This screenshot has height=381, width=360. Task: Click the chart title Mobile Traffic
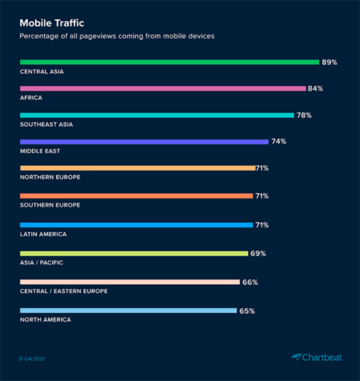click(x=51, y=22)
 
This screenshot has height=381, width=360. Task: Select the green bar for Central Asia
click(x=169, y=62)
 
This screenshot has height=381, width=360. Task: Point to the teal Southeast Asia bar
click(x=157, y=115)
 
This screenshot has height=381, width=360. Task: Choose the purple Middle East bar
click(x=144, y=142)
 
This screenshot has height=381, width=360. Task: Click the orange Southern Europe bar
click(x=136, y=196)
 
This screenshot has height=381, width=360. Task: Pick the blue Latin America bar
click(x=136, y=225)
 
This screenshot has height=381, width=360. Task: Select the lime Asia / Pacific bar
click(x=134, y=254)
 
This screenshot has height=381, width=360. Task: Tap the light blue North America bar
click(x=128, y=310)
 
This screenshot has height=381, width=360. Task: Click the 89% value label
click(x=329, y=62)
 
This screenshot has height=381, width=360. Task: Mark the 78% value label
click(x=304, y=115)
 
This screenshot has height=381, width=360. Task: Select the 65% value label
click(x=247, y=310)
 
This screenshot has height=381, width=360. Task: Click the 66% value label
click(x=250, y=282)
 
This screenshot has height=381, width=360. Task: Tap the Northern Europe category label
click(x=50, y=177)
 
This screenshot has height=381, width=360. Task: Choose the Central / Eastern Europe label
click(x=64, y=291)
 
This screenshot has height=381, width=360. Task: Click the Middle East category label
click(x=40, y=151)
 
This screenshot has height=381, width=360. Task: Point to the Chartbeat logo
click(x=316, y=358)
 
